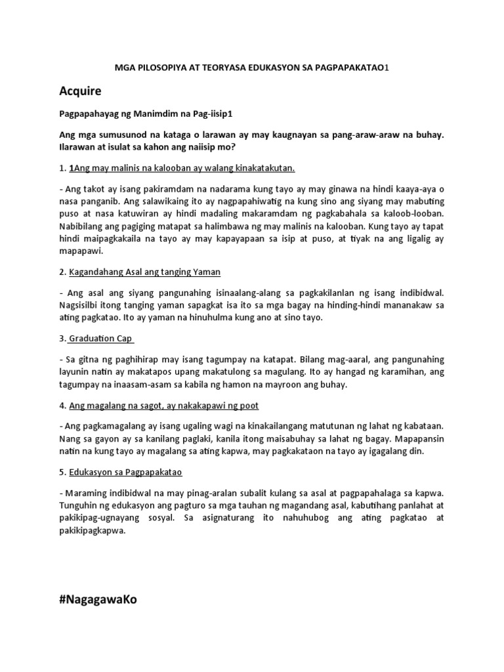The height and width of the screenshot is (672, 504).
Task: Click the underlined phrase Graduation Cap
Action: (x=102, y=339)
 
